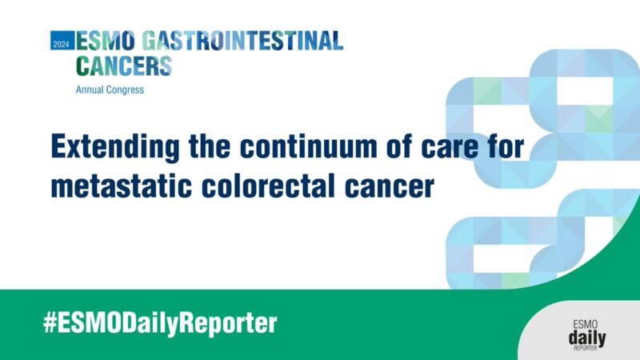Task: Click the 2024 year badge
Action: [x=62, y=44]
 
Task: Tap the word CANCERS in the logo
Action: [x=123, y=66]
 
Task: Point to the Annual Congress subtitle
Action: [x=110, y=90]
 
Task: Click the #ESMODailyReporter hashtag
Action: [x=159, y=324]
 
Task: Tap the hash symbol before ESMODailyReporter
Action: [x=50, y=324]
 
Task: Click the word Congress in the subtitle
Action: [x=126, y=90]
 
